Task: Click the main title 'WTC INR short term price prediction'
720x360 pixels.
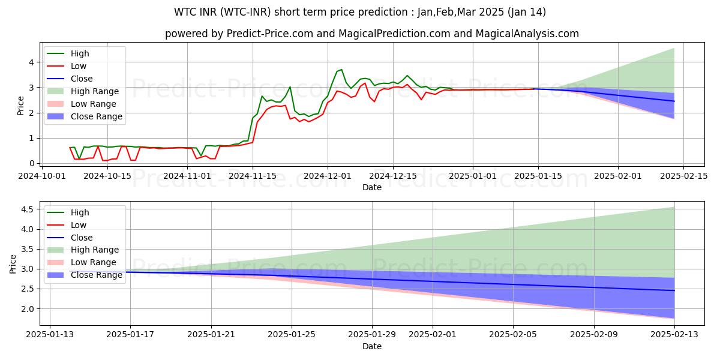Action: (x=359, y=12)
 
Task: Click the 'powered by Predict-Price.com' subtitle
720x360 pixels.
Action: (x=372, y=34)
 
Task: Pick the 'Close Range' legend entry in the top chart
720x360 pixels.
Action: (x=97, y=116)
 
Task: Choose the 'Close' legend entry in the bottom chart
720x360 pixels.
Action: (x=82, y=238)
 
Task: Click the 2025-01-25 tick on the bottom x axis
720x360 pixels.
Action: (x=292, y=334)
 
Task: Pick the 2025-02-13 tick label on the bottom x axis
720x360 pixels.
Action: (x=674, y=334)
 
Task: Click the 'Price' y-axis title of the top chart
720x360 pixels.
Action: (x=21, y=105)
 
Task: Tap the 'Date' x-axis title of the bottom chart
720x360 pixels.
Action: (x=372, y=346)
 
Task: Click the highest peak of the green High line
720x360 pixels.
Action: (x=341, y=70)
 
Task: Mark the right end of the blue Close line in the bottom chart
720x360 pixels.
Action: (x=674, y=290)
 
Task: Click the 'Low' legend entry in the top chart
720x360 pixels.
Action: (x=79, y=67)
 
